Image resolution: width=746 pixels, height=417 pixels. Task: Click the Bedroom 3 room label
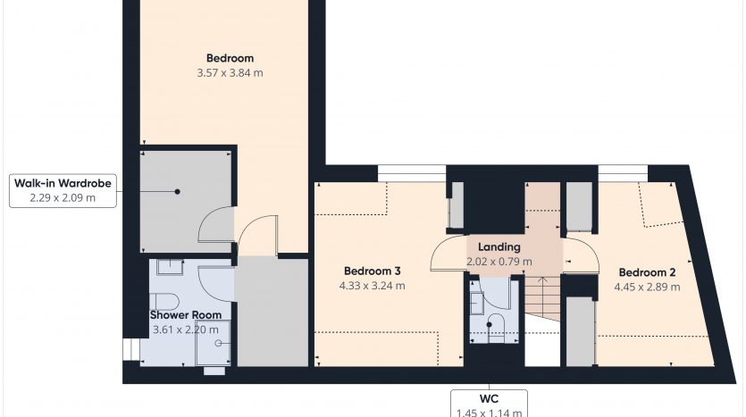(x=372, y=271)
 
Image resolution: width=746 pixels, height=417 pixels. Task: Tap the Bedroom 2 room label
(x=647, y=272)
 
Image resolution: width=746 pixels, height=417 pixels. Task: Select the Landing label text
(x=499, y=247)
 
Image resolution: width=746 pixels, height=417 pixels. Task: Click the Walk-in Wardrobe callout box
(x=63, y=191)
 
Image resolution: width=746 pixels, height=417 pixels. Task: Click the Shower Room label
(x=186, y=315)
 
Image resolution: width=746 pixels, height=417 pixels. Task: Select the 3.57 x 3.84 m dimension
(x=230, y=72)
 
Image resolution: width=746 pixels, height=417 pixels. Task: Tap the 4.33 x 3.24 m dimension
(x=372, y=286)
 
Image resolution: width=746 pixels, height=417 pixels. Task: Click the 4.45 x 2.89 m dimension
(x=647, y=288)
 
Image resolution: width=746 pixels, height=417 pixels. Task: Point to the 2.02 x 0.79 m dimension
(x=499, y=262)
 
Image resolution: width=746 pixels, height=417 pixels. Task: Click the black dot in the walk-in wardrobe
(x=178, y=192)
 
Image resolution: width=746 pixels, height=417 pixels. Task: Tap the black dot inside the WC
(x=489, y=325)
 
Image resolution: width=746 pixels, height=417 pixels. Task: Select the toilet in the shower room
(x=164, y=302)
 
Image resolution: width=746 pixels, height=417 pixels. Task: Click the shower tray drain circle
(x=218, y=343)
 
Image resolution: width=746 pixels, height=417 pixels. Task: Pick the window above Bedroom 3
(x=412, y=173)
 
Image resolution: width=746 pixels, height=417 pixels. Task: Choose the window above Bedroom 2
(x=623, y=173)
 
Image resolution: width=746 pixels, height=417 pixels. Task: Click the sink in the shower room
(x=170, y=267)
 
